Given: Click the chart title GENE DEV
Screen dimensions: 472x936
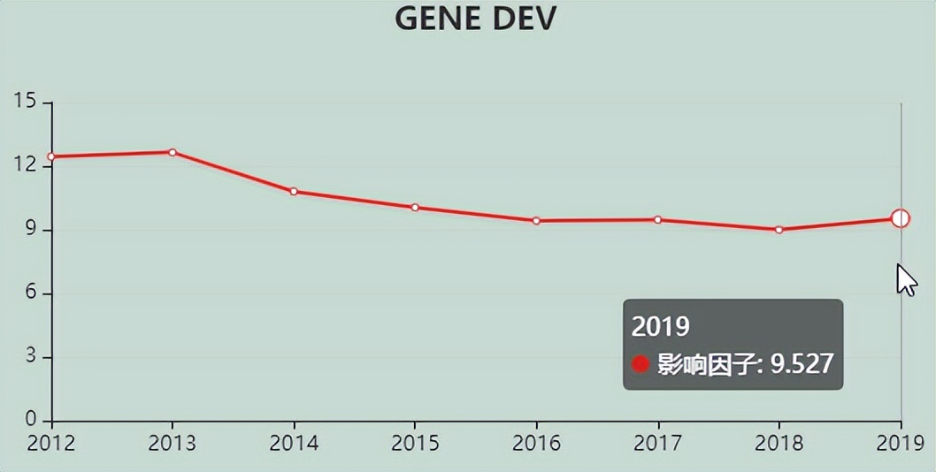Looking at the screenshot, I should (x=475, y=18).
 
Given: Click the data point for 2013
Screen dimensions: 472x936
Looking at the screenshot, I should (x=173, y=152).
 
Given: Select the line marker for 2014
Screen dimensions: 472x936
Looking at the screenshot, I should (x=294, y=191).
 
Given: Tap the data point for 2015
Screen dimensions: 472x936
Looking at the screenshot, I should (x=415, y=208).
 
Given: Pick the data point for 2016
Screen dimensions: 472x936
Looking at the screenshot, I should (x=536, y=220).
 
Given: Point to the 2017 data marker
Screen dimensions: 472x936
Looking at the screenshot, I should (x=657, y=219).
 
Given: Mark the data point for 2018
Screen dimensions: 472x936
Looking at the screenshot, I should (x=779, y=230).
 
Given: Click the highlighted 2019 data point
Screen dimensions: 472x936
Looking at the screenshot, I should (x=901, y=218).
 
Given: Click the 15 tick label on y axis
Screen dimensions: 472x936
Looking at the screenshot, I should (x=26, y=103).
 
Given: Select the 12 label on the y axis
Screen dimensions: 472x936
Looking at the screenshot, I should (x=26, y=166).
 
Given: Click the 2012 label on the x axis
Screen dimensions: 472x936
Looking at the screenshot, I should (x=51, y=443).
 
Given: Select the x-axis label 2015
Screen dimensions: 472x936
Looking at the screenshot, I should (x=415, y=443).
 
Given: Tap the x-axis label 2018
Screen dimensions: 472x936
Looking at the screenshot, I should (x=779, y=443).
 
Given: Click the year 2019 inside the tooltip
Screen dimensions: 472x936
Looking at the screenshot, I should (x=660, y=326).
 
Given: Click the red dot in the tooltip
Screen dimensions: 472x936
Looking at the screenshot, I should (x=641, y=364).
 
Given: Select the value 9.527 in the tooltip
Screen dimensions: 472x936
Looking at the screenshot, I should (x=802, y=364).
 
